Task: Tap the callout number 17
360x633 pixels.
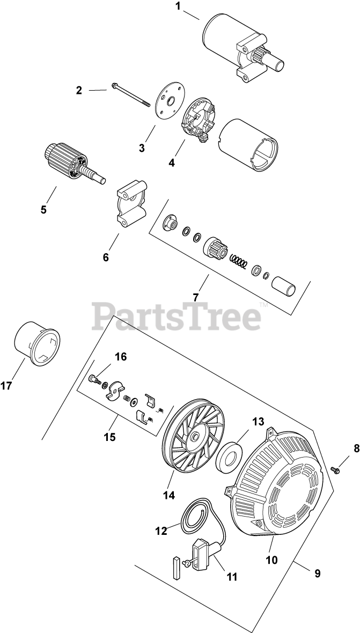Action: pos(6,386)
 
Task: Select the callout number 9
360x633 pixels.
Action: pos(317,573)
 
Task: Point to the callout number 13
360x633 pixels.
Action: pos(259,422)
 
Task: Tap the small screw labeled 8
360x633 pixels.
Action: pos(336,470)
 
